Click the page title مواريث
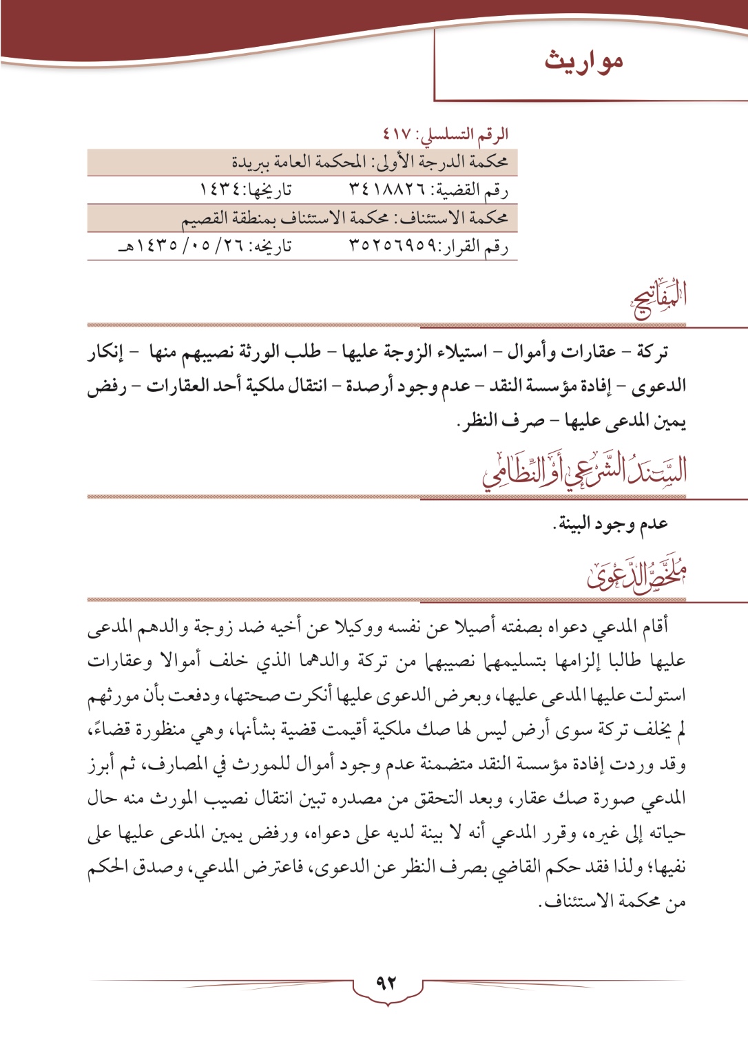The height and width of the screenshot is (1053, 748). click(x=583, y=61)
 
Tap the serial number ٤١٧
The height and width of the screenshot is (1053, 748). click(x=397, y=134)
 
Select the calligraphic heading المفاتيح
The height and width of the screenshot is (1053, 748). click(x=660, y=300)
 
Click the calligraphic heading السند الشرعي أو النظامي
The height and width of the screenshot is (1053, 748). click(x=585, y=470)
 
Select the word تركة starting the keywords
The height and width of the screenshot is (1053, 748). click(x=651, y=352)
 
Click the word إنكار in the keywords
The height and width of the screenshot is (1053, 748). click(x=105, y=352)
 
